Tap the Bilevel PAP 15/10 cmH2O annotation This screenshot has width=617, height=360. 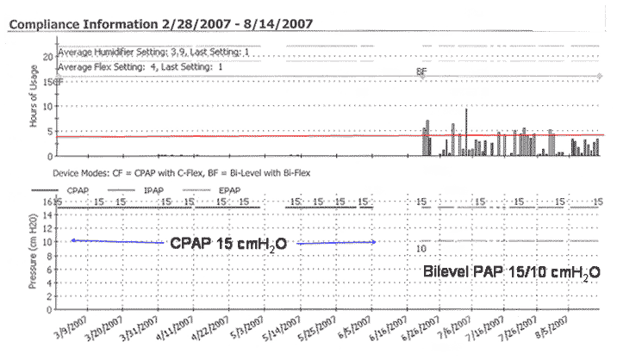pos(511,271)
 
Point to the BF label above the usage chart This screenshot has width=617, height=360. pos(421,72)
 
